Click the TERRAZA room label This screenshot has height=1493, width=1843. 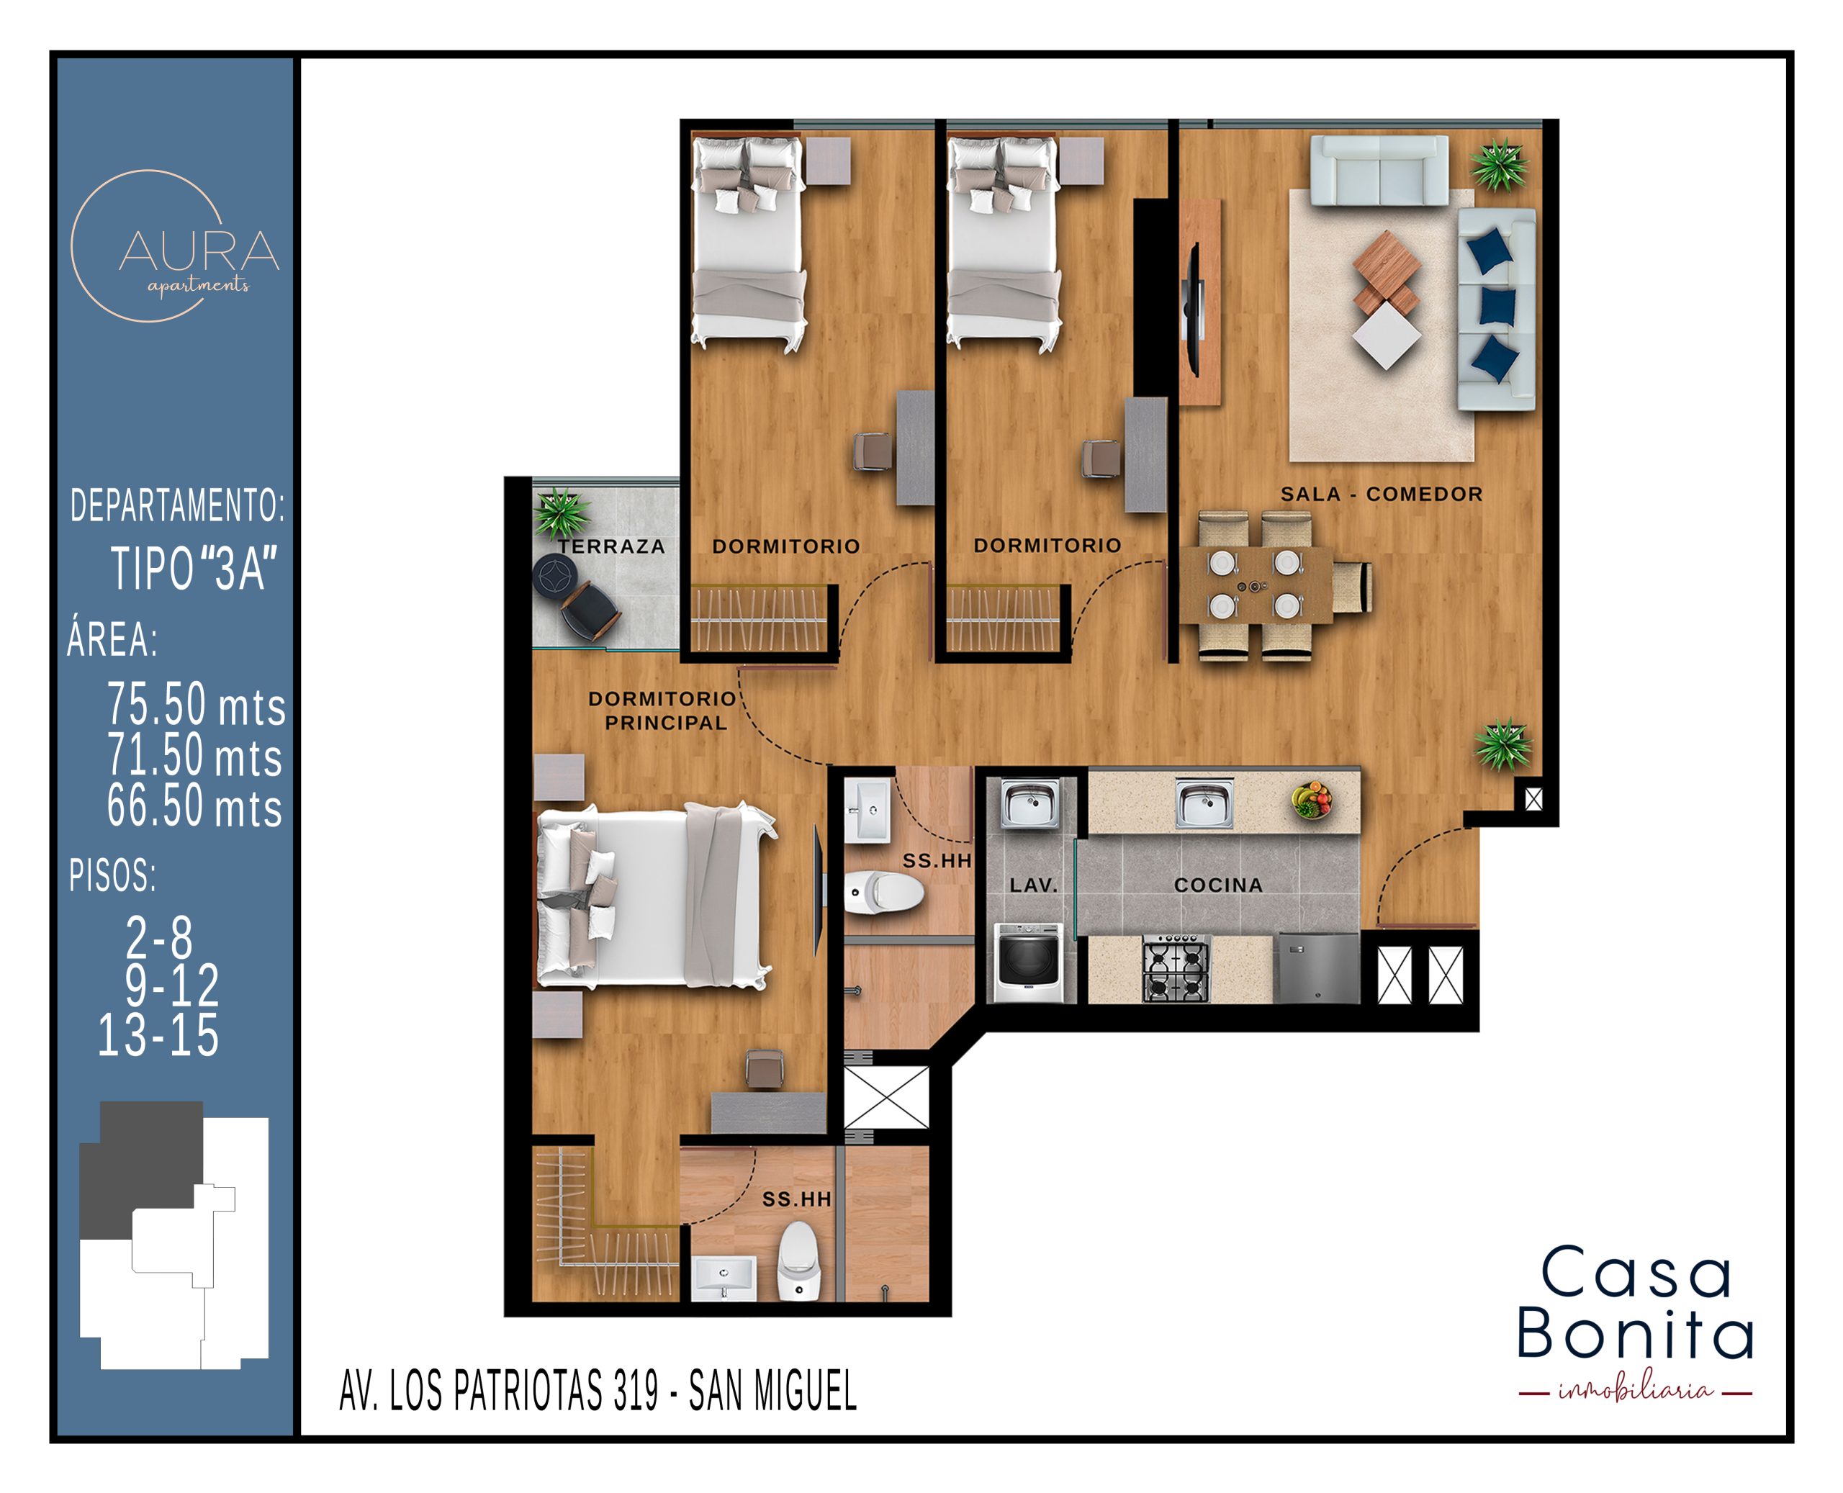[x=610, y=546]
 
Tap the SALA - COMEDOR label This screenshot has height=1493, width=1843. [x=1382, y=495]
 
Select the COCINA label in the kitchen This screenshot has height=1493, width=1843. [x=1218, y=885]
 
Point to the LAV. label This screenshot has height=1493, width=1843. [x=1033, y=885]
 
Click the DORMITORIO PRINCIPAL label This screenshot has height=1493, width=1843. [x=662, y=711]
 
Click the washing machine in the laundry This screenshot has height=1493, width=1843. [x=1028, y=962]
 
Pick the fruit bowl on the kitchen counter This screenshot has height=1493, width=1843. [x=1312, y=800]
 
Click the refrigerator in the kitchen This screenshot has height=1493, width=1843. [x=1317, y=968]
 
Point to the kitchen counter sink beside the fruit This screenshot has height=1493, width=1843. [x=1204, y=804]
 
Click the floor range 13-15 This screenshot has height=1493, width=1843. [x=158, y=1034]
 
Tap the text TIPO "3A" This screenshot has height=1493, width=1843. [x=194, y=569]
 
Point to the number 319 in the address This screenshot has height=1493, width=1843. [x=636, y=1391]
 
